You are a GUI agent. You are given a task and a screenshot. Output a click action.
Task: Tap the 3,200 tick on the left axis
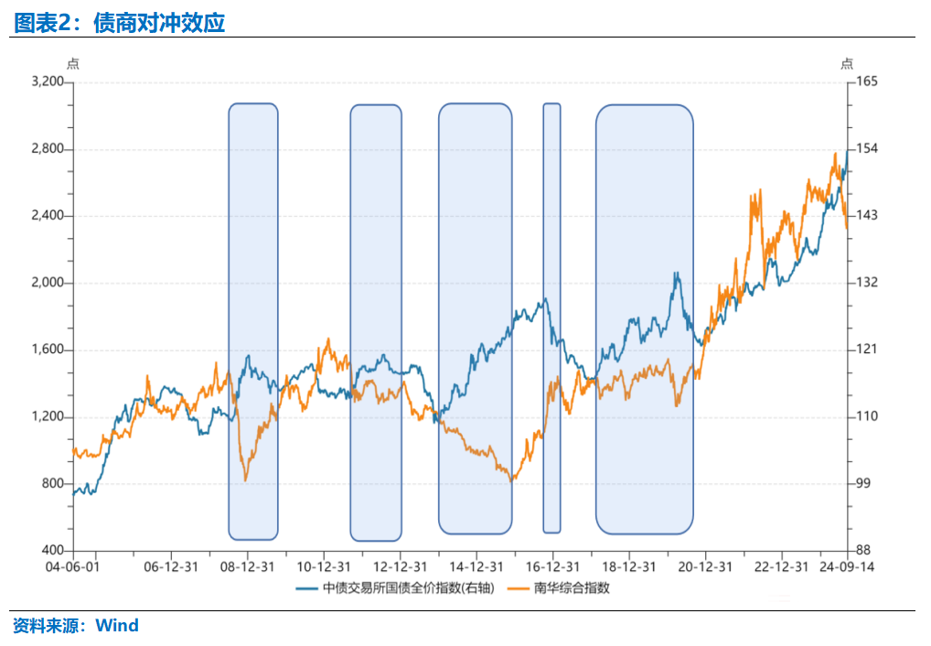(x=48, y=82)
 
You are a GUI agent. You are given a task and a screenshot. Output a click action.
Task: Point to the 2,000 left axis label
(x=48, y=283)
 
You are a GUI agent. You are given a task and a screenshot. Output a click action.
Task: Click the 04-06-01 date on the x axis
(x=72, y=566)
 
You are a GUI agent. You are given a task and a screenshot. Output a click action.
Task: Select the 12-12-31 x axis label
(x=401, y=566)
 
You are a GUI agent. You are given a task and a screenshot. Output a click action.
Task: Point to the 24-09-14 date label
(x=846, y=566)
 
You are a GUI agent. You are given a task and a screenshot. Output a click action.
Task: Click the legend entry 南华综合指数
(x=572, y=588)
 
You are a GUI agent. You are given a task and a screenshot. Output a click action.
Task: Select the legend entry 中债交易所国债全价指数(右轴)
(x=407, y=588)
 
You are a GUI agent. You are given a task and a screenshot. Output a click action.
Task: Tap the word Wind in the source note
(x=117, y=627)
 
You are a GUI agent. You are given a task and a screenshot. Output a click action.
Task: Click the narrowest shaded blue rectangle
(x=551, y=318)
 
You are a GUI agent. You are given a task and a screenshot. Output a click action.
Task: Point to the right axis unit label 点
(x=847, y=63)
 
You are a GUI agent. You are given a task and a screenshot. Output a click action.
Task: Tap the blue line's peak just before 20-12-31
(x=676, y=274)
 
